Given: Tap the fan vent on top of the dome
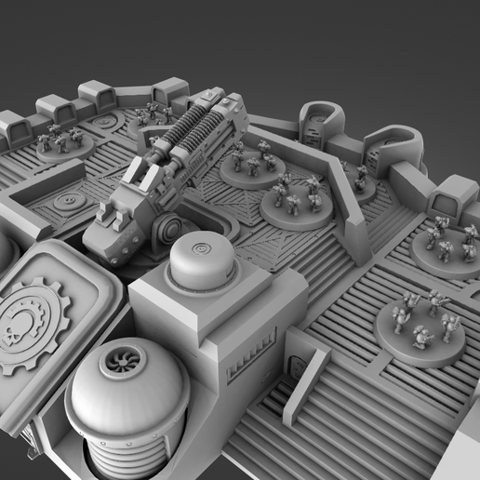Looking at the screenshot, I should [121, 363].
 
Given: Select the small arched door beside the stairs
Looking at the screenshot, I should [294, 367].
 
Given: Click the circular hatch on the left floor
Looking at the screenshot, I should [67, 201].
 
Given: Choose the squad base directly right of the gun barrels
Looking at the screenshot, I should [252, 167].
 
